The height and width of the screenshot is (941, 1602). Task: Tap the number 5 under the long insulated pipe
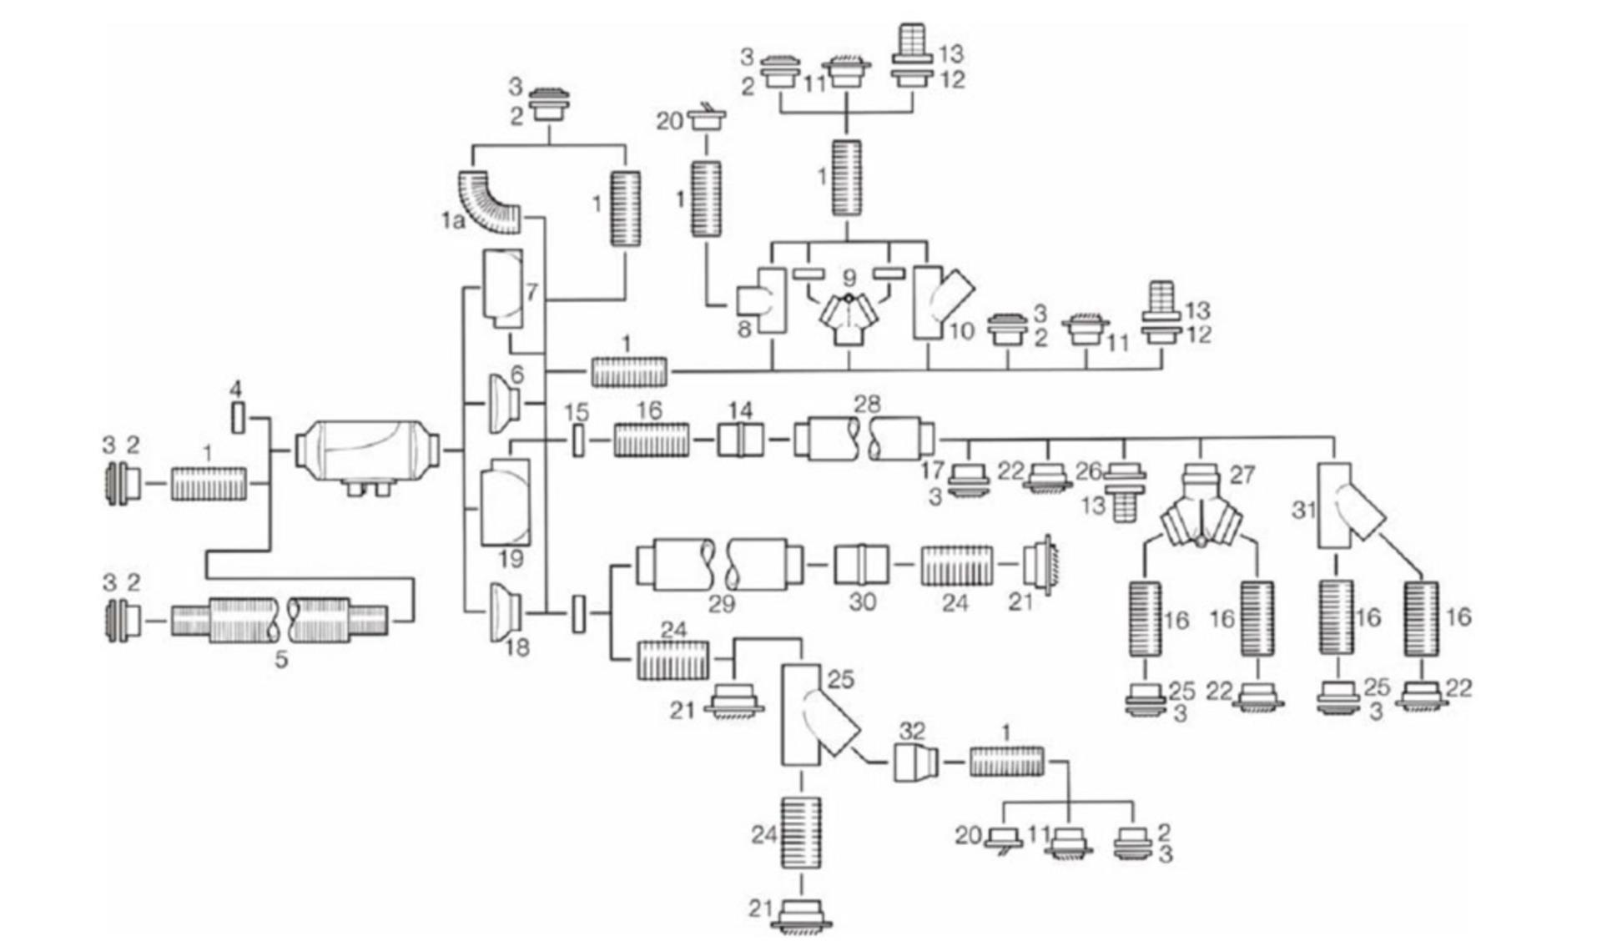pos(282,659)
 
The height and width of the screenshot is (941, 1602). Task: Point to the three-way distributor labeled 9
pos(849,322)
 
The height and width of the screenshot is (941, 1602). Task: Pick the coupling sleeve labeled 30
pos(862,566)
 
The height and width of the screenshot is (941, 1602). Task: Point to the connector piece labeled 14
pos(740,439)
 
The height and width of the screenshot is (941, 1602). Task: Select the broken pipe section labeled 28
pos(864,439)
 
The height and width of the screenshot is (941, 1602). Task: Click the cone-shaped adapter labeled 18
pos(504,612)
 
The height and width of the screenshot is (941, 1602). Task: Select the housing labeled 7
pos(503,289)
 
